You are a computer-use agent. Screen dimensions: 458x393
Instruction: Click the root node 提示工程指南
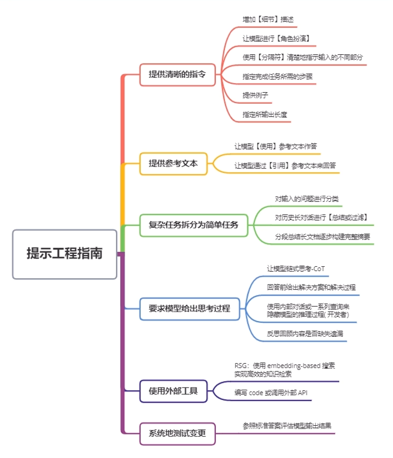point(64,254)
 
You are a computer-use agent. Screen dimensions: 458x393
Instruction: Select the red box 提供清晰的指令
point(177,75)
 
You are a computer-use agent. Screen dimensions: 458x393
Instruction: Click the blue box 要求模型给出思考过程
point(190,309)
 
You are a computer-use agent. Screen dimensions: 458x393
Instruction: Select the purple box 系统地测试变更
point(177,434)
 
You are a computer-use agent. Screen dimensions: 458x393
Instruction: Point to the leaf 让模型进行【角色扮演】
point(275,39)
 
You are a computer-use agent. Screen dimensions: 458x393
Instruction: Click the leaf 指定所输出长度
point(265,114)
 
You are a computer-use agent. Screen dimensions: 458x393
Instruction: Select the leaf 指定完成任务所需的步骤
point(278,76)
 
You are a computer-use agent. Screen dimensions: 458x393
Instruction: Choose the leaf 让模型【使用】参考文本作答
point(278,146)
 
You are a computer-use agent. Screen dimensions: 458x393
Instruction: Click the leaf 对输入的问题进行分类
point(307,199)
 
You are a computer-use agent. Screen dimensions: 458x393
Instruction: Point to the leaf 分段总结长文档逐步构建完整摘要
point(322,237)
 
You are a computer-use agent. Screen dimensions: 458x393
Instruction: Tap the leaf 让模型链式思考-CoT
point(296,268)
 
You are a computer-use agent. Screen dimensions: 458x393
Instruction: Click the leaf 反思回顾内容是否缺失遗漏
point(305,334)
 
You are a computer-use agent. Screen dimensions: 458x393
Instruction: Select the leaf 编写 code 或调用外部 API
point(271,392)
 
